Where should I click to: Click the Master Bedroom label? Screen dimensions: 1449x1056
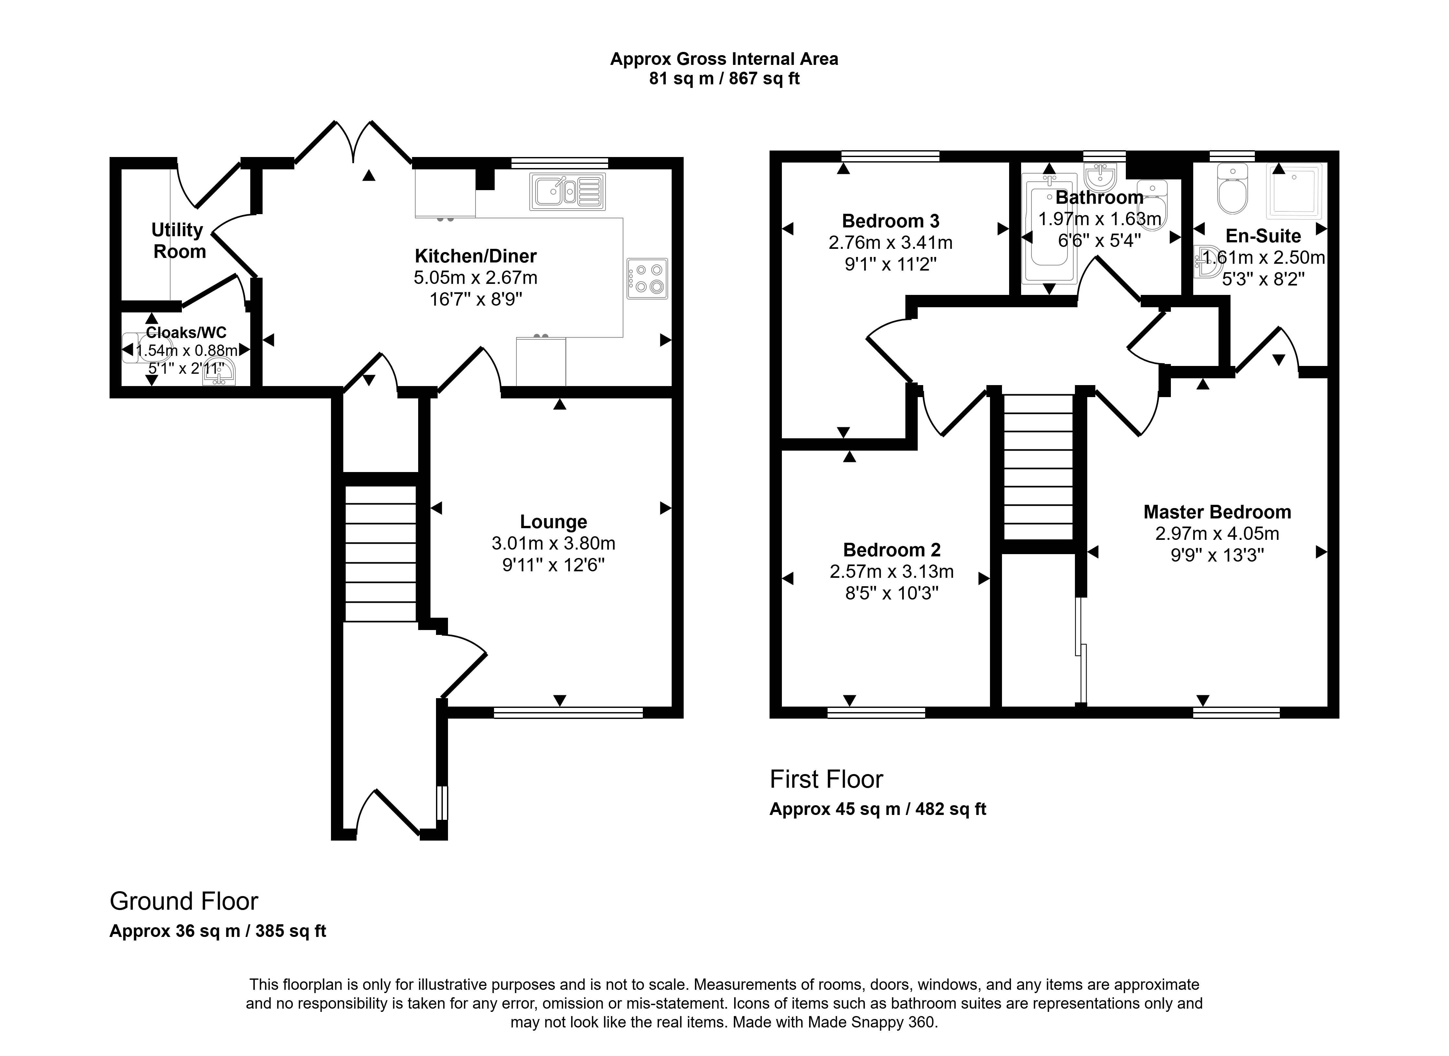point(1217,512)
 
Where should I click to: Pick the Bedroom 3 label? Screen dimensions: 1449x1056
point(890,221)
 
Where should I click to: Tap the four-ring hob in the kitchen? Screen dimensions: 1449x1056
point(647,279)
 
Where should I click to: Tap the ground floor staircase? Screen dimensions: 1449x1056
point(381,553)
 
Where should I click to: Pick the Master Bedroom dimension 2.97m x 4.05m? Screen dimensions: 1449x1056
point(1217,534)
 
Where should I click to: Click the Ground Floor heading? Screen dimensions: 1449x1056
point(184,901)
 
